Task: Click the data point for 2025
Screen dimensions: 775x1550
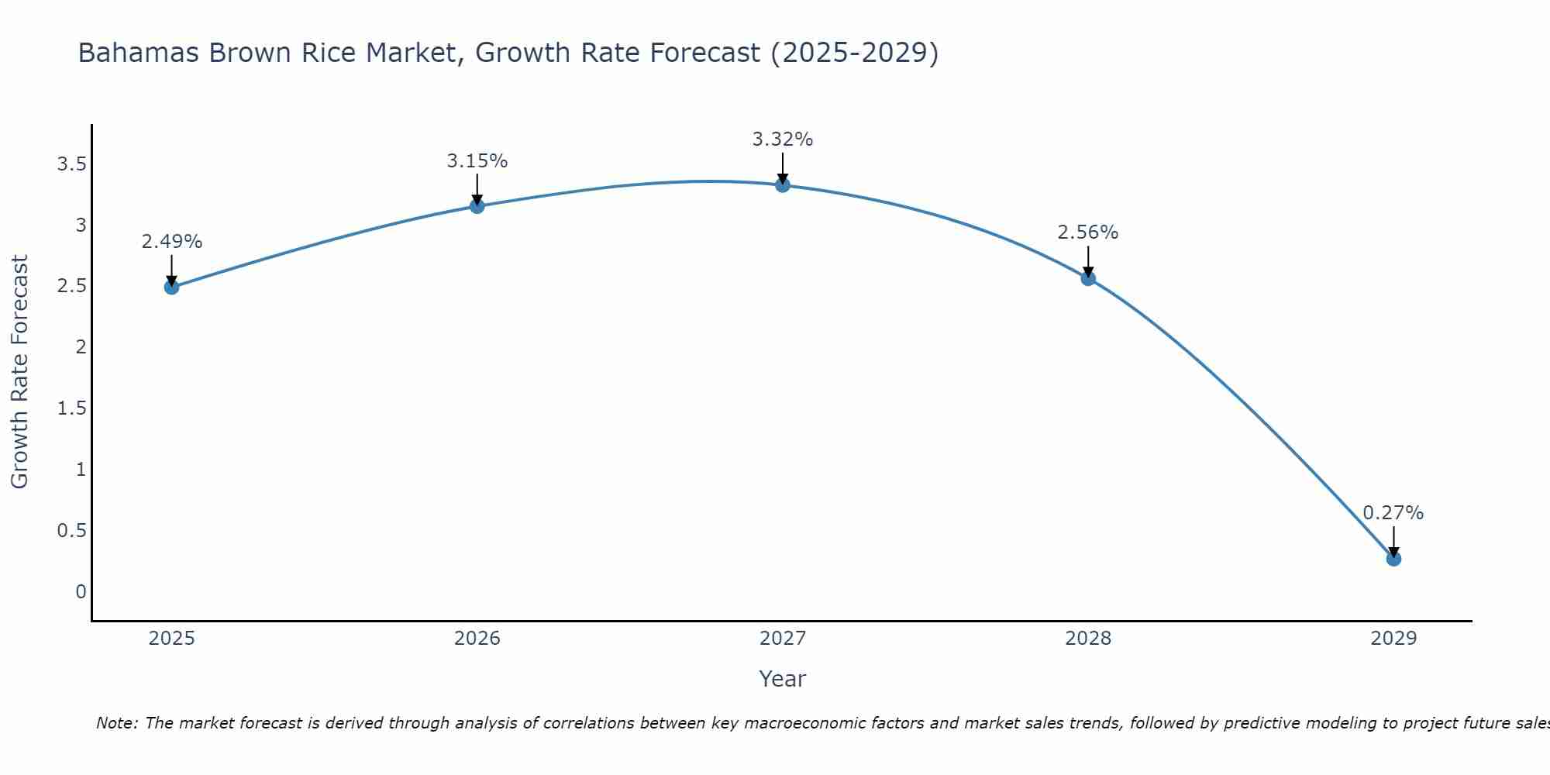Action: pyautogui.click(x=171, y=287)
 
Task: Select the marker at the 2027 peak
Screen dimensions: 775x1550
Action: pyautogui.click(x=783, y=184)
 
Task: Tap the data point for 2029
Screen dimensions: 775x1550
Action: pyautogui.click(x=1393, y=559)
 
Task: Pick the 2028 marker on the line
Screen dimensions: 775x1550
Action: pyautogui.click(x=1088, y=278)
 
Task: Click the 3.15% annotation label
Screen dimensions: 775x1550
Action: pyautogui.click(x=477, y=161)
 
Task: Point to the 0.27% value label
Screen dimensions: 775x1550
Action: pyautogui.click(x=1393, y=513)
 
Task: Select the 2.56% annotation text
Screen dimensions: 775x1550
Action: pyautogui.click(x=1088, y=232)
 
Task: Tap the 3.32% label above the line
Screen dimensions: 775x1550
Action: pyautogui.click(x=783, y=139)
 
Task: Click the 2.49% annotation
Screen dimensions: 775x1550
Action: pyautogui.click(x=171, y=242)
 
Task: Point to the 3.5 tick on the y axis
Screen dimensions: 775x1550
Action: pyautogui.click(x=71, y=164)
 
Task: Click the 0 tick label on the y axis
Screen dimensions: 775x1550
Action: pyautogui.click(x=81, y=592)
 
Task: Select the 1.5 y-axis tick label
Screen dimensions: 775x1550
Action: pyautogui.click(x=71, y=408)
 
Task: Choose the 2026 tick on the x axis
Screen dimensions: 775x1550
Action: pyautogui.click(x=477, y=639)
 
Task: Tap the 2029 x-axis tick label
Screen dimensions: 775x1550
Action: pyautogui.click(x=1393, y=639)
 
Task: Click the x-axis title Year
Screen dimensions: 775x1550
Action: pyautogui.click(x=783, y=679)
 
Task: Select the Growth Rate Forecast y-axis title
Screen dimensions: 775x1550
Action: pyautogui.click(x=20, y=372)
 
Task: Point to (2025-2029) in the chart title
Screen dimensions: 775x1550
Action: pyautogui.click(x=855, y=53)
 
